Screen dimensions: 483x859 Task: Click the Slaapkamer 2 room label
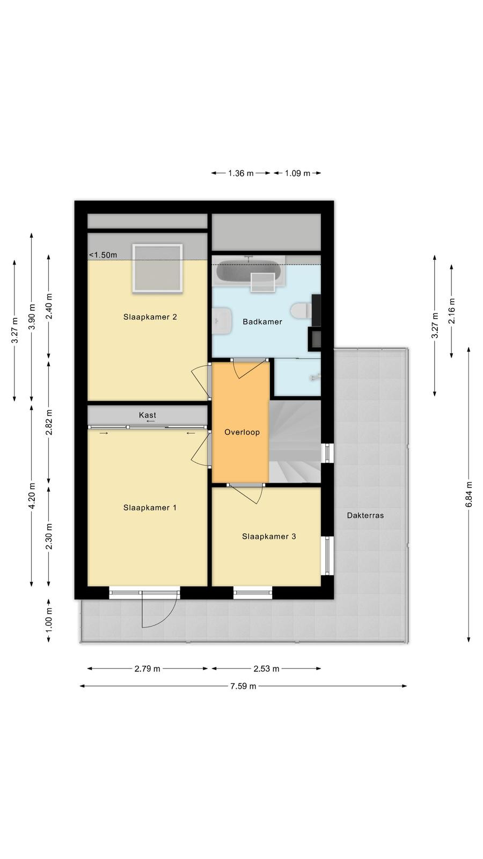[x=150, y=317]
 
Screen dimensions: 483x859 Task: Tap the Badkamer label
[x=262, y=322]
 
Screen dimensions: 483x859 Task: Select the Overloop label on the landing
[x=242, y=432]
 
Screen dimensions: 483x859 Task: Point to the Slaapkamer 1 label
[x=150, y=508]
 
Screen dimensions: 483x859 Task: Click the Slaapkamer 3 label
[x=269, y=536]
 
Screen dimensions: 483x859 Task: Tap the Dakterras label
[x=365, y=515]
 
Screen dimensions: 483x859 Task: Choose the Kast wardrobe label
[x=148, y=415]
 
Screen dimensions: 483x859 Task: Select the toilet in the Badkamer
[x=301, y=311]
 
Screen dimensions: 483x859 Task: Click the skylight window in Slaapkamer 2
[x=157, y=268]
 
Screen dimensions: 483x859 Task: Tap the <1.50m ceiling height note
[x=103, y=255]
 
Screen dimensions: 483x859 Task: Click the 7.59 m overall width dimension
[x=243, y=686]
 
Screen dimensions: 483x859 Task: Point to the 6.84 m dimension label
[x=469, y=494]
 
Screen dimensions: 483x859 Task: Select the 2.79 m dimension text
[x=147, y=669]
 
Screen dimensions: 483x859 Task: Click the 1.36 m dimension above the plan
[x=241, y=173]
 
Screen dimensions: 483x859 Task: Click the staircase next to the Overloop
[x=295, y=441]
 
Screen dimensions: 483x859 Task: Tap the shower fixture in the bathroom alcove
[x=315, y=378]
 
